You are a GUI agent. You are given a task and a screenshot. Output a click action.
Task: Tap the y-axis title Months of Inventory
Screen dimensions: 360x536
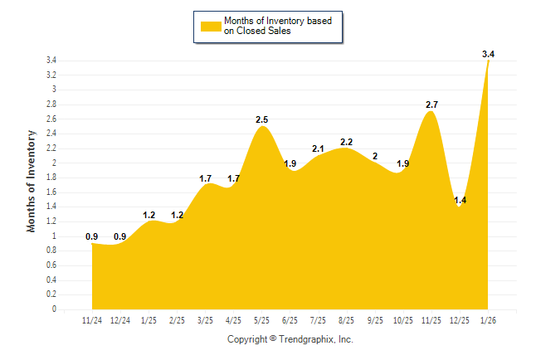pos(32,180)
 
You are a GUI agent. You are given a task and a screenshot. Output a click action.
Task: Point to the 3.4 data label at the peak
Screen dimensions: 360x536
pos(488,54)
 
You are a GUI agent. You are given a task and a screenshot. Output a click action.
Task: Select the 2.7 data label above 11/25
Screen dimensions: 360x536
pos(431,105)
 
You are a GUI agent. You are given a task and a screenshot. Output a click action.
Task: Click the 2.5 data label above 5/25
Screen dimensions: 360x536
pos(262,120)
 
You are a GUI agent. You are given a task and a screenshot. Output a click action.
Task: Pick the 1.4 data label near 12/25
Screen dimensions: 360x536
pos(460,200)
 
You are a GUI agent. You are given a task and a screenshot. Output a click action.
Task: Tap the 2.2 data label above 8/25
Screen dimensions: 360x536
pos(347,142)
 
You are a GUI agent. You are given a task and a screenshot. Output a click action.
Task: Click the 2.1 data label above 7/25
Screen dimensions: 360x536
pos(319,149)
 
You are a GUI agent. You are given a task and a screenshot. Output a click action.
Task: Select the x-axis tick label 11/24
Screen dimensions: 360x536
pos(92,320)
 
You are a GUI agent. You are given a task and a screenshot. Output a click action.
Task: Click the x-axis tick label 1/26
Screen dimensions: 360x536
pos(488,320)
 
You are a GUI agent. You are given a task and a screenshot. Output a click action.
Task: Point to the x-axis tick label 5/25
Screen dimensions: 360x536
pos(262,320)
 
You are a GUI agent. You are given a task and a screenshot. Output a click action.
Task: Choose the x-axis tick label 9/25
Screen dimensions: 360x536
pos(375,320)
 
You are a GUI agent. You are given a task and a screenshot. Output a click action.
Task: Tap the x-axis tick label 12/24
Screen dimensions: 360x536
pos(120,320)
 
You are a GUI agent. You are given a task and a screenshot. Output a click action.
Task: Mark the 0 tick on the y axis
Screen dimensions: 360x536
pos(53,309)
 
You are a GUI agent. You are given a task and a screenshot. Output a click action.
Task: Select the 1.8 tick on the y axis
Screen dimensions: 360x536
pos(51,178)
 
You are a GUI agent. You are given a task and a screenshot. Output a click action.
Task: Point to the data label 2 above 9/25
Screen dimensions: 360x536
pos(375,156)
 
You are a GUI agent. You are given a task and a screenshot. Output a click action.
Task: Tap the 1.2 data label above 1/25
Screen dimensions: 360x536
pos(149,215)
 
